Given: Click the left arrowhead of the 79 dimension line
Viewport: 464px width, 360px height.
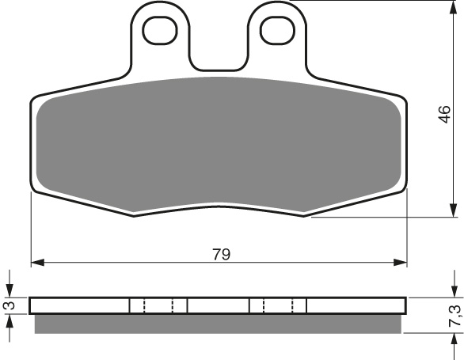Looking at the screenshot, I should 36,262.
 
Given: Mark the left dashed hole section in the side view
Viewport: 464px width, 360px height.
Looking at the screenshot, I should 158,305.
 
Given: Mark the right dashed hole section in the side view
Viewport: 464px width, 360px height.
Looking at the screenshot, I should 278,305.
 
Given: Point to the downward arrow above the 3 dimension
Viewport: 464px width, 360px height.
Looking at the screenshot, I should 10,290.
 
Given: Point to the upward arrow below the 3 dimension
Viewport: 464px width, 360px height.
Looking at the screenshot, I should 10,320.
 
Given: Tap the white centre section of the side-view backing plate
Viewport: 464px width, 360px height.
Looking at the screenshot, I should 218,305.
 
